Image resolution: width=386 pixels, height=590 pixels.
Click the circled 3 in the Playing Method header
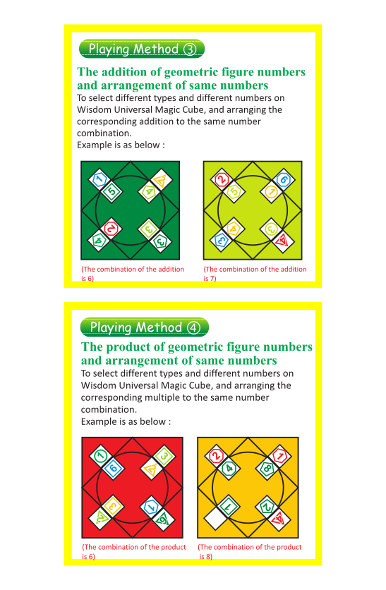click(x=190, y=49)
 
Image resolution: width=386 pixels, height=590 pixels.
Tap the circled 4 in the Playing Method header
click(x=194, y=327)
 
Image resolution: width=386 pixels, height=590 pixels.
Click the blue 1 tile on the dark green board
click(x=99, y=179)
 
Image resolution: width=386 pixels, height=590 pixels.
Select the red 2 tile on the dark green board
click(x=111, y=229)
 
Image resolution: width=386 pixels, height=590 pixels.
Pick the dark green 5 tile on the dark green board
click(x=111, y=191)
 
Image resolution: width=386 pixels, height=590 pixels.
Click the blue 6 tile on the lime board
click(x=283, y=179)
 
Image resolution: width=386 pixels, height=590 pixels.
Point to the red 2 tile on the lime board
click(x=222, y=179)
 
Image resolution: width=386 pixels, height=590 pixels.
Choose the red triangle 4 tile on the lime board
click(x=283, y=241)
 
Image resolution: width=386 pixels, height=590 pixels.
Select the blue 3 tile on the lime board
click(x=221, y=241)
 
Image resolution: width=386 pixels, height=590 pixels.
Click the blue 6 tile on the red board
click(x=113, y=469)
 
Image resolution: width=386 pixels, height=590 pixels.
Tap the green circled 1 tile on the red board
click(x=100, y=456)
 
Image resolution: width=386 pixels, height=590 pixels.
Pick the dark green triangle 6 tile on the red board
click(x=164, y=519)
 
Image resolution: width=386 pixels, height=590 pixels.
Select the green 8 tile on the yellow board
click(x=267, y=469)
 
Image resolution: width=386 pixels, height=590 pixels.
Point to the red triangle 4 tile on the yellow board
click(x=279, y=519)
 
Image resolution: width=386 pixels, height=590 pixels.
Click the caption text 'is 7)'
click(x=210, y=279)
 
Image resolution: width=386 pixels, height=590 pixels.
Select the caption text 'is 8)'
click(x=206, y=557)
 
